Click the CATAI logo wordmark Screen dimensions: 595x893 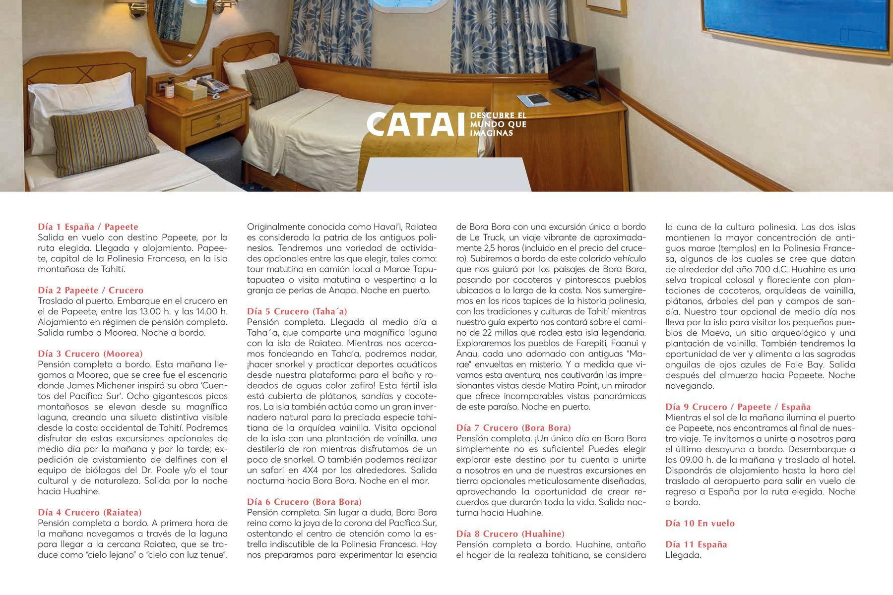tap(417, 124)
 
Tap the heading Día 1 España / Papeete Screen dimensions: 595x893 tap(88, 227)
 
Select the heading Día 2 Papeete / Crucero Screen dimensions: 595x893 tap(90, 290)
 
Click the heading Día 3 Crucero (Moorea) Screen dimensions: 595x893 tap(90, 354)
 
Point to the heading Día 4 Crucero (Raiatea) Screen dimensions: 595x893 tap(90, 512)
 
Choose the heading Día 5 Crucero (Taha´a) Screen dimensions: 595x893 tap(297, 311)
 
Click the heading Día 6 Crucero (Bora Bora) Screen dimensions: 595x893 tap(304, 502)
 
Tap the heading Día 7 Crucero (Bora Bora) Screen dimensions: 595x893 tap(513, 427)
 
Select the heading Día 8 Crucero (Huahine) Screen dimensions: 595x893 tap(510, 534)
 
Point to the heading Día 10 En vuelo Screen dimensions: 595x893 tap(700, 523)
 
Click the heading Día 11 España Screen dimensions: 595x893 tap(696, 544)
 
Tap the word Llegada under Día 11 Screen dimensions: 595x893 tap(683, 555)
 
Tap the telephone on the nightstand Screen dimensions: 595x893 tap(212, 84)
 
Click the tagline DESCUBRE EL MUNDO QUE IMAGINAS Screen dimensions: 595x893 tap(498, 124)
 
